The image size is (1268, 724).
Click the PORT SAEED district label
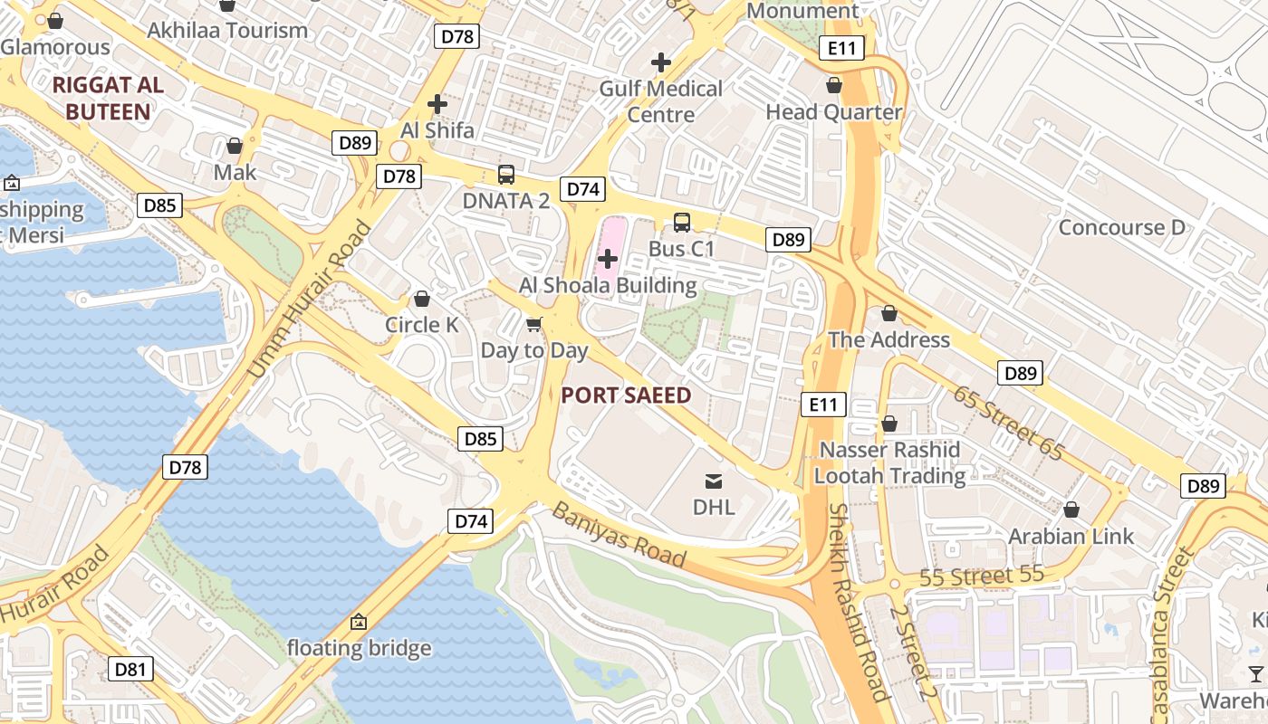pyautogui.click(x=626, y=395)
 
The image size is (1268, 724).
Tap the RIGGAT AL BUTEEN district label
pyautogui.click(x=108, y=99)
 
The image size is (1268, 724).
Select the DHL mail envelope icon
pyautogui.click(x=714, y=481)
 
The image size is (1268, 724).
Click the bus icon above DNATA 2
pyautogui.click(x=506, y=175)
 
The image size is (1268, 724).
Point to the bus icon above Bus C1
pyautogui.click(x=682, y=222)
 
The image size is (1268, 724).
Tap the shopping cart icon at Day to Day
pyautogui.click(x=534, y=324)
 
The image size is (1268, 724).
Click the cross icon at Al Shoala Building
pyautogui.click(x=608, y=260)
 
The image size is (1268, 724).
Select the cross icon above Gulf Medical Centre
pyautogui.click(x=661, y=62)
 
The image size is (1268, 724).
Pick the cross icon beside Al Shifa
pyautogui.click(x=437, y=104)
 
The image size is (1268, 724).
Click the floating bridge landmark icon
pyautogui.click(x=359, y=622)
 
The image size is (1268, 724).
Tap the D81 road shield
pyautogui.click(x=130, y=670)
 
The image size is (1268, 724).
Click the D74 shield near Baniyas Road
pyautogui.click(x=471, y=521)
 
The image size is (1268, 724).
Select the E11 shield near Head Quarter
pyautogui.click(x=841, y=49)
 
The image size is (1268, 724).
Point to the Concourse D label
pyautogui.click(x=1121, y=227)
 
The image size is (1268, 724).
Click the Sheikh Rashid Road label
pyautogui.click(x=857, y=603)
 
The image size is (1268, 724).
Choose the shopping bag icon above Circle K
pyautogui.click(x=422, y=299)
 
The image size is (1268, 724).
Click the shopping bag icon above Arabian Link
pyautogui.click(x=1071, y=510)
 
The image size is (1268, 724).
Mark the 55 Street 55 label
pyautogui.click(x=982, y=576)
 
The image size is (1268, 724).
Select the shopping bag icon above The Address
pyautogui.click(x=889, y=313)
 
